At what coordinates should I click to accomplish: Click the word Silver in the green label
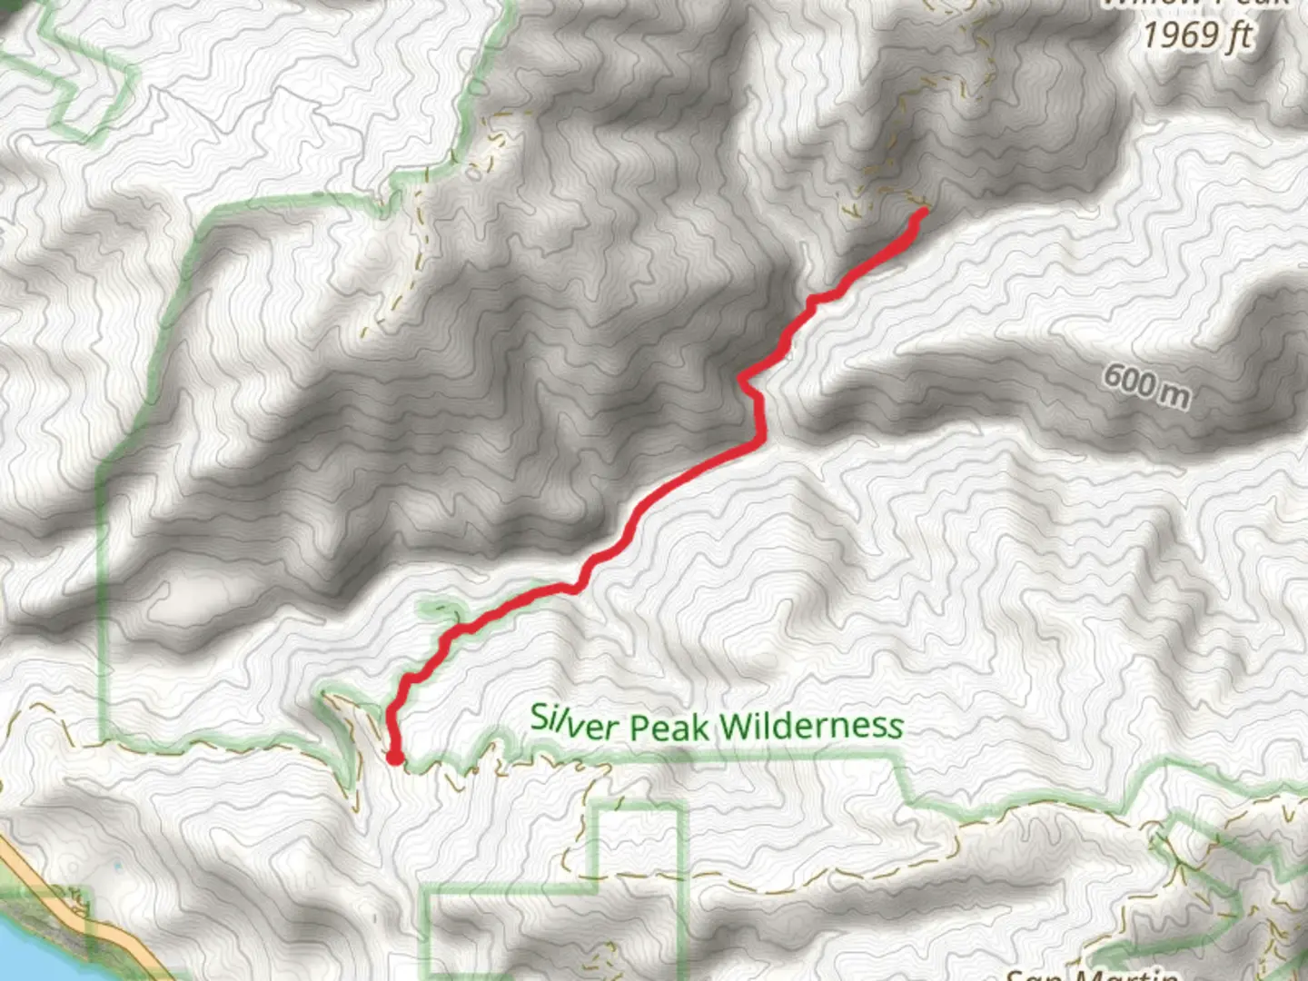(x=575, y=723)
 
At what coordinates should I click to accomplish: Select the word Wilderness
(x=811, y=726)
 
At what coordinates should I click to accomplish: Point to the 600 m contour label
(x=1145, y=385)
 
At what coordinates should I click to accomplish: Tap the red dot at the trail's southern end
(x=395, y=756)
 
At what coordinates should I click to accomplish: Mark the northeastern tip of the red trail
(x=923, y=213)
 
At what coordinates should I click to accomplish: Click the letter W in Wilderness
(x=737, y=726)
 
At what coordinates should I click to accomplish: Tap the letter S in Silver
(x=540, y=717)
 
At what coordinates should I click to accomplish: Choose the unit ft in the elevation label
(x=1237, y=36)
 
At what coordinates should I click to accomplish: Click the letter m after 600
(x=1174, y=394)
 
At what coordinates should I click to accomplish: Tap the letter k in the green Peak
(x=701, y=727)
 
